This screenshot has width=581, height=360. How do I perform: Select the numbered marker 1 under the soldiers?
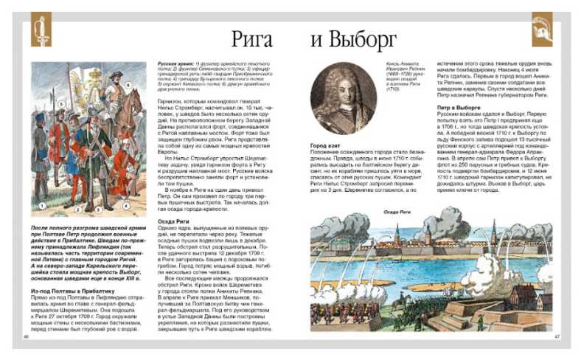[43, 198]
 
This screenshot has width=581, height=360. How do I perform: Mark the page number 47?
[557, 337]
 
